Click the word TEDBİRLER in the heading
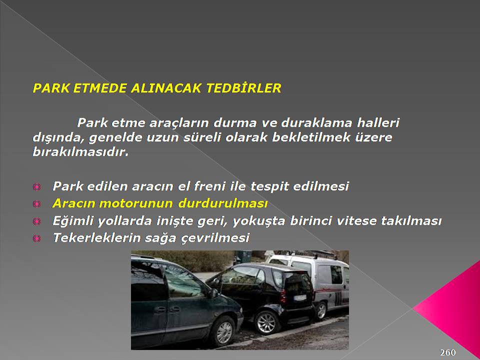[x=243, y=88]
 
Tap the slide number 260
[x=448, y=352]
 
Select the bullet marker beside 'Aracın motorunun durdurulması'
[x=36, y=203]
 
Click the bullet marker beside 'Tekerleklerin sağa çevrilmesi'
[x=36, y=238]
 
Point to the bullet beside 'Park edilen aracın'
[x=36, y=186]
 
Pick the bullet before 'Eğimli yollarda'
[x=36, y=221]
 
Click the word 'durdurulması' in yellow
[x=223, y=203]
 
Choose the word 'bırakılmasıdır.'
[x=80, y=151]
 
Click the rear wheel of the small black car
[x=266, y=322]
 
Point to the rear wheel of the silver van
[x=321, y=311]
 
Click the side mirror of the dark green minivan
[x=213, y=293]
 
